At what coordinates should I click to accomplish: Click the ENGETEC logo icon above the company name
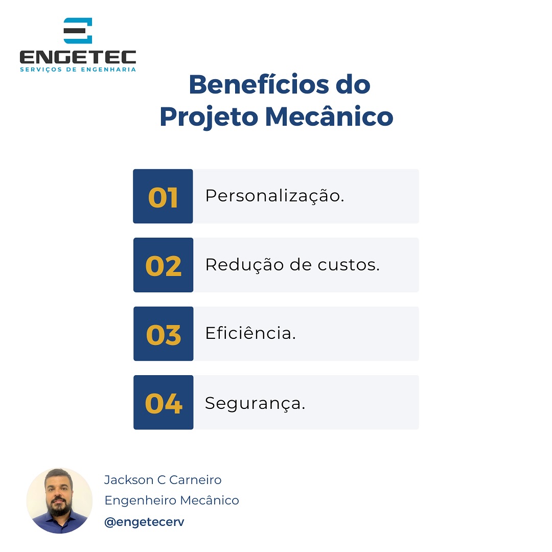pyautogui.click(x=78, y=31)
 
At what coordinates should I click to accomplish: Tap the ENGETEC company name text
pyautogui.click(x=78, y=57)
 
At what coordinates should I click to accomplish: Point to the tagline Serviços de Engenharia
pyautogui.click(x=78, y=70)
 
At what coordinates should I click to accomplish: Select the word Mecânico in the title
pyautogui.click(x=329, y=117)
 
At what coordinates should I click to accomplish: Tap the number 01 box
pyautogui.click(x=163, y=197)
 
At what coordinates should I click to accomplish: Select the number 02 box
pyautogui.click(x=164, y=265)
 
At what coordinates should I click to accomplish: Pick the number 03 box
pyautogui.click(x=164, y=334)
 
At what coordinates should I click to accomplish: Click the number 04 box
pyautogui.click(x=164, y=403)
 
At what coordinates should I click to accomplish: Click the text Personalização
pyautogui.click(x=274, y=196)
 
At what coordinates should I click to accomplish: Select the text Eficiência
pyautogui.click(x=250, y=333)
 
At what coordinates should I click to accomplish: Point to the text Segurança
pyautogui.click(x=255, y=403)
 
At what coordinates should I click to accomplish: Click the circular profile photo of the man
pyautogui.click(x=59, y=500)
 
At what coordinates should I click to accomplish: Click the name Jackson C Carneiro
pyautogui.click(x=163, y=480)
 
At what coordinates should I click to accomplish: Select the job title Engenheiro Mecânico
pyautogui.click(x=171, y=500)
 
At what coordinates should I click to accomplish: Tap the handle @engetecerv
pyautogui.click(x=144, y=522)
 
